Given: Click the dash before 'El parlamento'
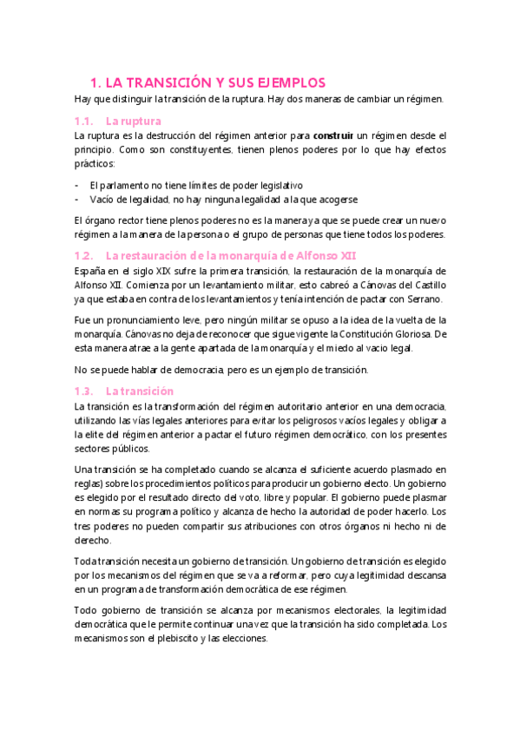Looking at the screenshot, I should [78, 185].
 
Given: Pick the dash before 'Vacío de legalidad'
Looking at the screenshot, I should [78, 199].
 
